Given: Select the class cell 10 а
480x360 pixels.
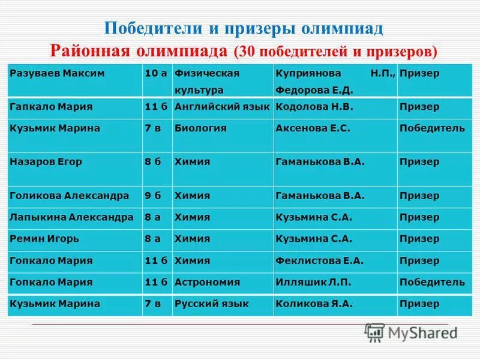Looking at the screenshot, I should click(x=155, y=73).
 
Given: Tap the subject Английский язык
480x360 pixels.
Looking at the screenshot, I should click(x=222, y=107).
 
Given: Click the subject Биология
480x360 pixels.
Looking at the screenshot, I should click(x=200, y=128).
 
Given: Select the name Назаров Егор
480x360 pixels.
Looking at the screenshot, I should click(x=46, y=162).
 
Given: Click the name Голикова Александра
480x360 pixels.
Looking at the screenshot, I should click(x=70, y=196).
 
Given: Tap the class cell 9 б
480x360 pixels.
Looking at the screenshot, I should click(x=153, y=196).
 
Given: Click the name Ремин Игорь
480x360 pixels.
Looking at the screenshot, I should click(x=44, y=239).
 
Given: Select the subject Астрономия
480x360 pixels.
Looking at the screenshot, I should click(x=207, y=282).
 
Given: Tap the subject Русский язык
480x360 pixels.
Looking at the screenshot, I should click(x=211, y=304).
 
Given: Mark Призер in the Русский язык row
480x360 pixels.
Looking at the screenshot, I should click(x=419, y=304).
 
